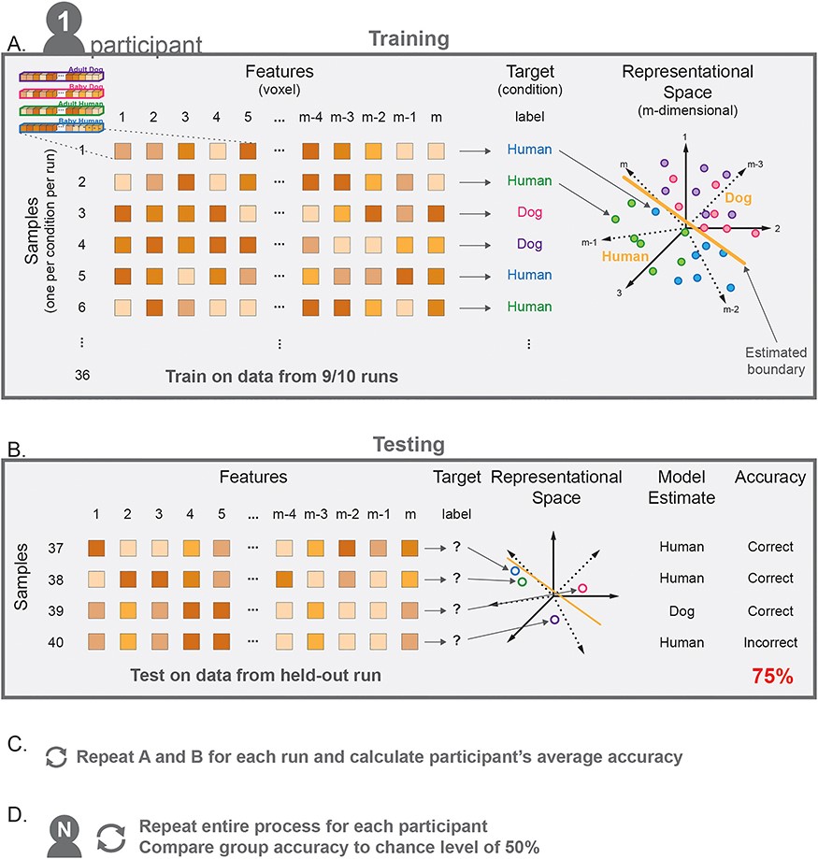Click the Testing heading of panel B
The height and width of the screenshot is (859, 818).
[408, 446]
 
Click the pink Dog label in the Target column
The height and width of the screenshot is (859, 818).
[530, 212]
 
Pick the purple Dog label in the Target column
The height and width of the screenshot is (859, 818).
[530, 244]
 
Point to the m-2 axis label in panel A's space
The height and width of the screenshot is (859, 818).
[731, 309]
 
